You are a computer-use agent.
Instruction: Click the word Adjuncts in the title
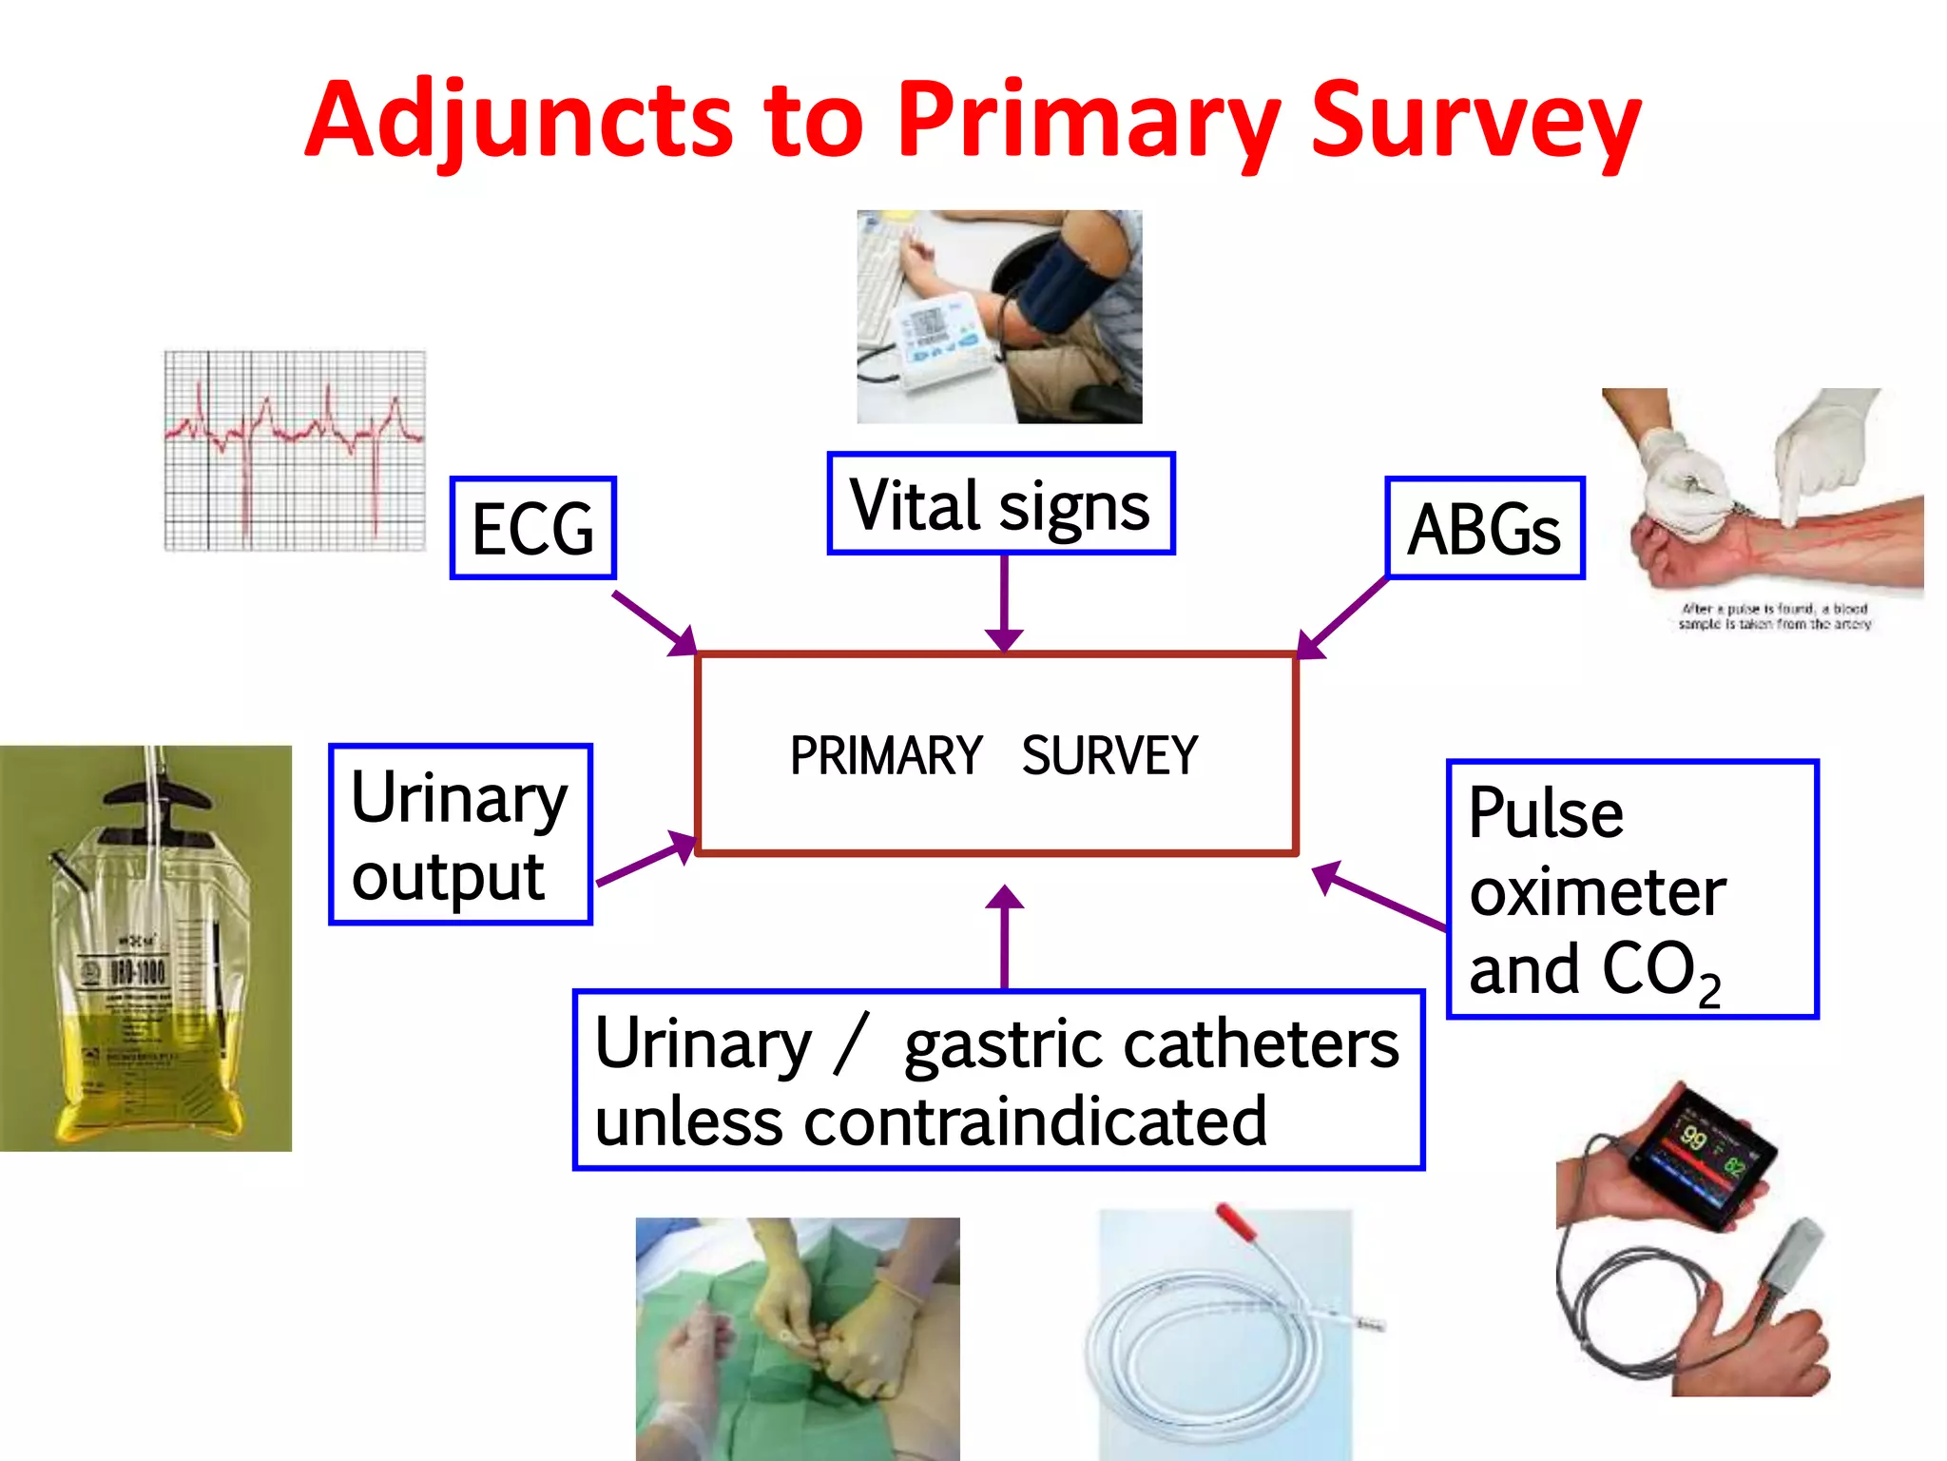click(x=518, y=122)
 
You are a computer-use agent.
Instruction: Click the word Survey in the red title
click(x=1475, y=122)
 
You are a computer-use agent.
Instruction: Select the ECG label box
click(x=532, y=529)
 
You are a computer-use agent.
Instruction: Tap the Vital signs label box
click(x=1000, y=504)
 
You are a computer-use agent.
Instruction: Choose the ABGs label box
click(x=1484, y=529)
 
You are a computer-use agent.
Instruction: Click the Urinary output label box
click(x=460, y=835)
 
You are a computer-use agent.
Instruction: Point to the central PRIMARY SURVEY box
click(x=995, y=754)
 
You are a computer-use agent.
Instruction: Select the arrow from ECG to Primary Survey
click(x=656, y=624)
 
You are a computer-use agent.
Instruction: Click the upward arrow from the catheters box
click(x=1004, y=937)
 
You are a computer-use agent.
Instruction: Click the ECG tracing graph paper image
click(x=295, y=451)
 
